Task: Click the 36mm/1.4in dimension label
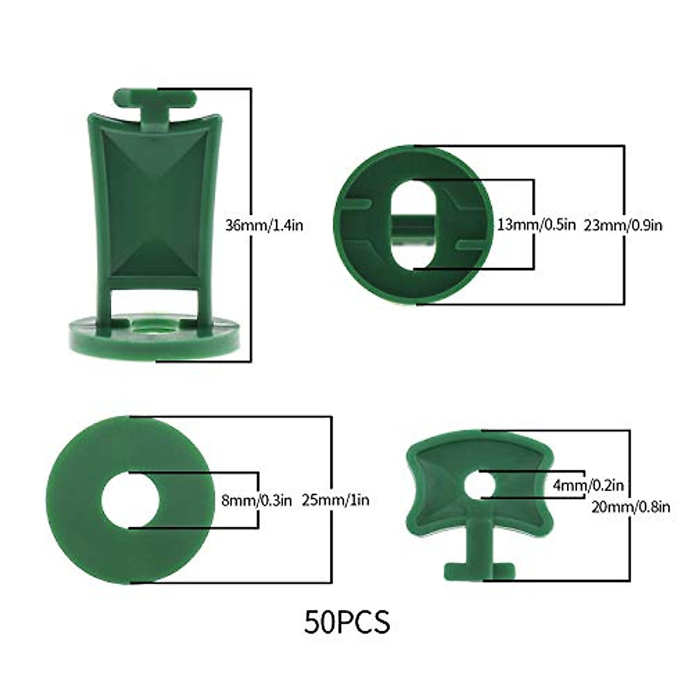[263, 225]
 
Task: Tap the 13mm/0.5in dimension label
[536, 225]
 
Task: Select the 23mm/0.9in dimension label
[623, 225]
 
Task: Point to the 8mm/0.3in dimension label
[256, 500]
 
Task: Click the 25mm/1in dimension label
[335, 500]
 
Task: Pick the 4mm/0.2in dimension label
[588, 486]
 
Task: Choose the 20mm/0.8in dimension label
[631, 507]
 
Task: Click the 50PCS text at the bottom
[347, 621]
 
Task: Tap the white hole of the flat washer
[130, 500]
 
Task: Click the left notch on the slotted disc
[356, 203]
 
